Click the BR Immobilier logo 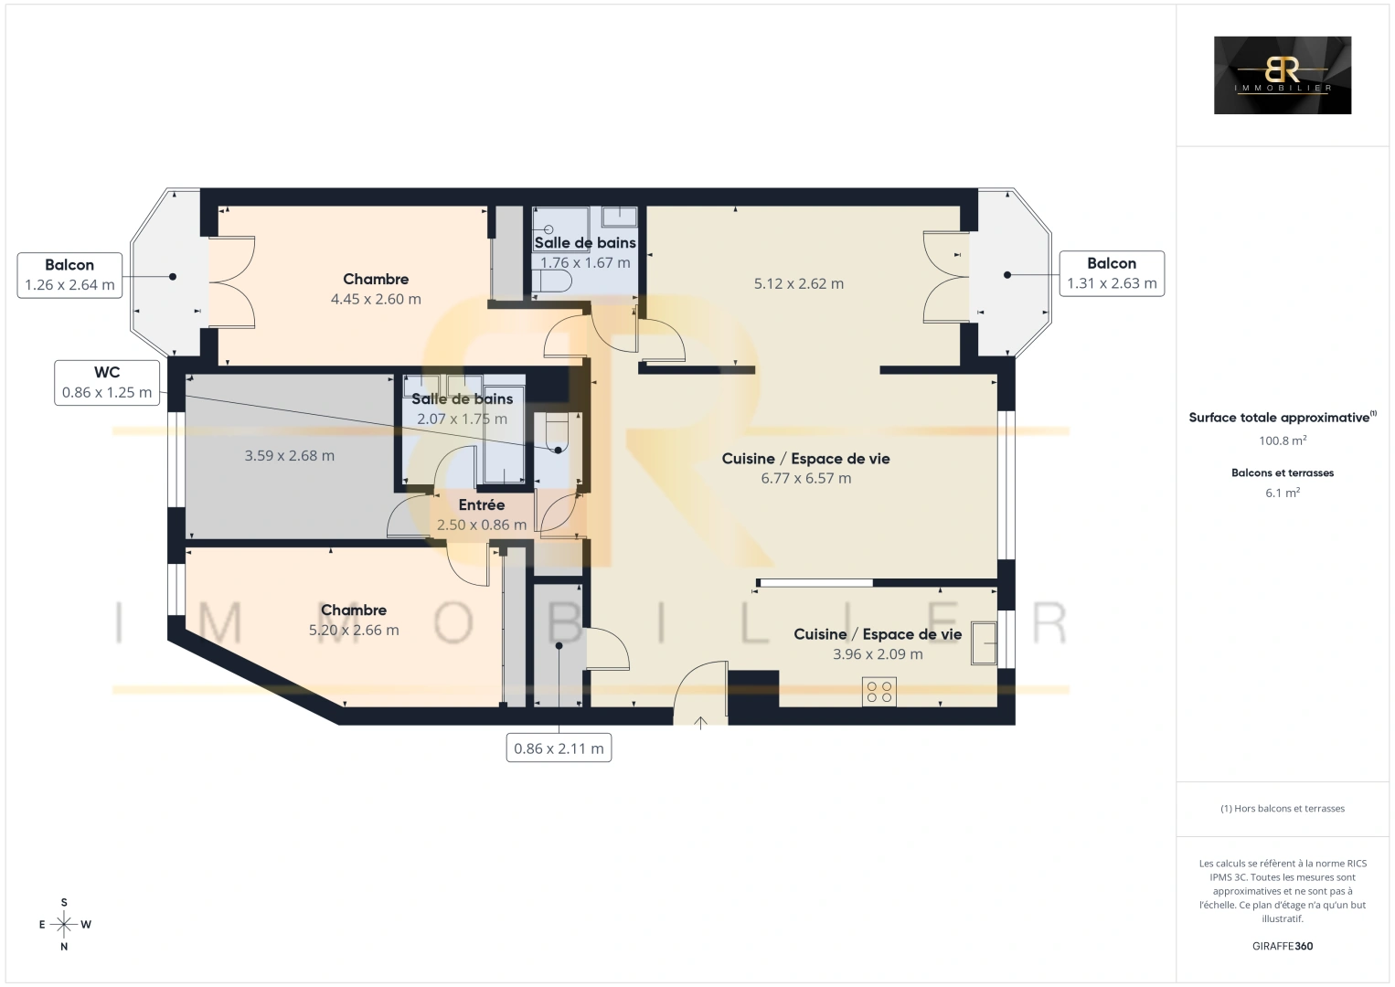point(1283,75)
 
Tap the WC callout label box point(107,382)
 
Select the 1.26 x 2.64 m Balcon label point(69,275)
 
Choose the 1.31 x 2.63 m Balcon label point(1112,273)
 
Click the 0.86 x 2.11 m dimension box point(559,748)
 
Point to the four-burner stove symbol point(879,692)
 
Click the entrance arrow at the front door point(700,722)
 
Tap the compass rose point(64,924)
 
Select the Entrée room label point(482,505)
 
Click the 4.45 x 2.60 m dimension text point(376,299)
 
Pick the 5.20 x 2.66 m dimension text point(354,631)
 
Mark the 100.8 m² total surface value point(1283,440)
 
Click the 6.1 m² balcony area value point(1283,493)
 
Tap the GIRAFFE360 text point(1283,946)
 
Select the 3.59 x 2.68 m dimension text point(290,456)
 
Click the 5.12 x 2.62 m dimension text point(799,284)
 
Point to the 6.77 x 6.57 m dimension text point(806,478)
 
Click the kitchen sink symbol point(984,643)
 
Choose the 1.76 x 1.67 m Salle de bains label point(585,253)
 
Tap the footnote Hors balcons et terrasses point(1283,808)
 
